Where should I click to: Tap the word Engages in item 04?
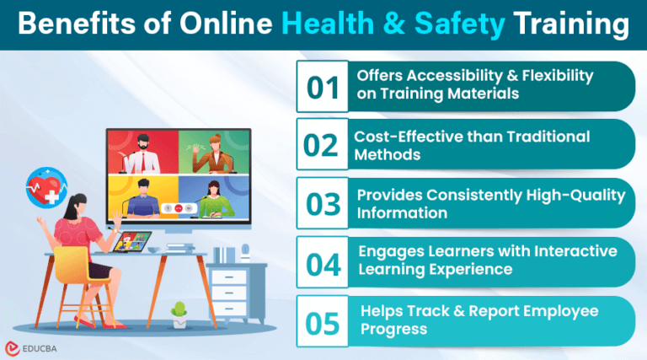pyautogui.click(x=388, y=252)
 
